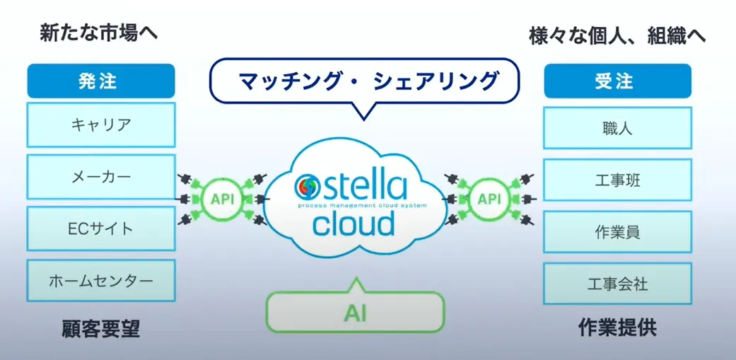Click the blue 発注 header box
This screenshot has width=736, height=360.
click(101, 81)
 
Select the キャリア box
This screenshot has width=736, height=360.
click(101, 124)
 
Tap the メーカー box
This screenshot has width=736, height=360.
click(101, 177)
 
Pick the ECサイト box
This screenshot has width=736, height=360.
click(101, 228)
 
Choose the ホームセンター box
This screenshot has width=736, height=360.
click(101, 281)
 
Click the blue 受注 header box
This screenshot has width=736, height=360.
click(617, 81)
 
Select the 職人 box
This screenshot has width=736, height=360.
click(617, 128)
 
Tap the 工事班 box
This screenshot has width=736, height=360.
click(617, 180)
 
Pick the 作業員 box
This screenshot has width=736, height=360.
click(617, 232)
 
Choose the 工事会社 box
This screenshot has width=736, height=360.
click(617, 284)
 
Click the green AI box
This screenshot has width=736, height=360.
click(355, 312)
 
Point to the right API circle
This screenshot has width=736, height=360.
click(489, 199)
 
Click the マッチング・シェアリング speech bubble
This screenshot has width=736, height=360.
click(363, 81)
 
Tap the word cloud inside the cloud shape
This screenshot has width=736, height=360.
click(354, 224)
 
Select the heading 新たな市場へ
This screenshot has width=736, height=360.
click(98, 33)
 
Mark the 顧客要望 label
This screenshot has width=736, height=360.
click(100, 329)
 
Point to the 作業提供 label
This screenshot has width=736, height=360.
click(617, 329)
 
